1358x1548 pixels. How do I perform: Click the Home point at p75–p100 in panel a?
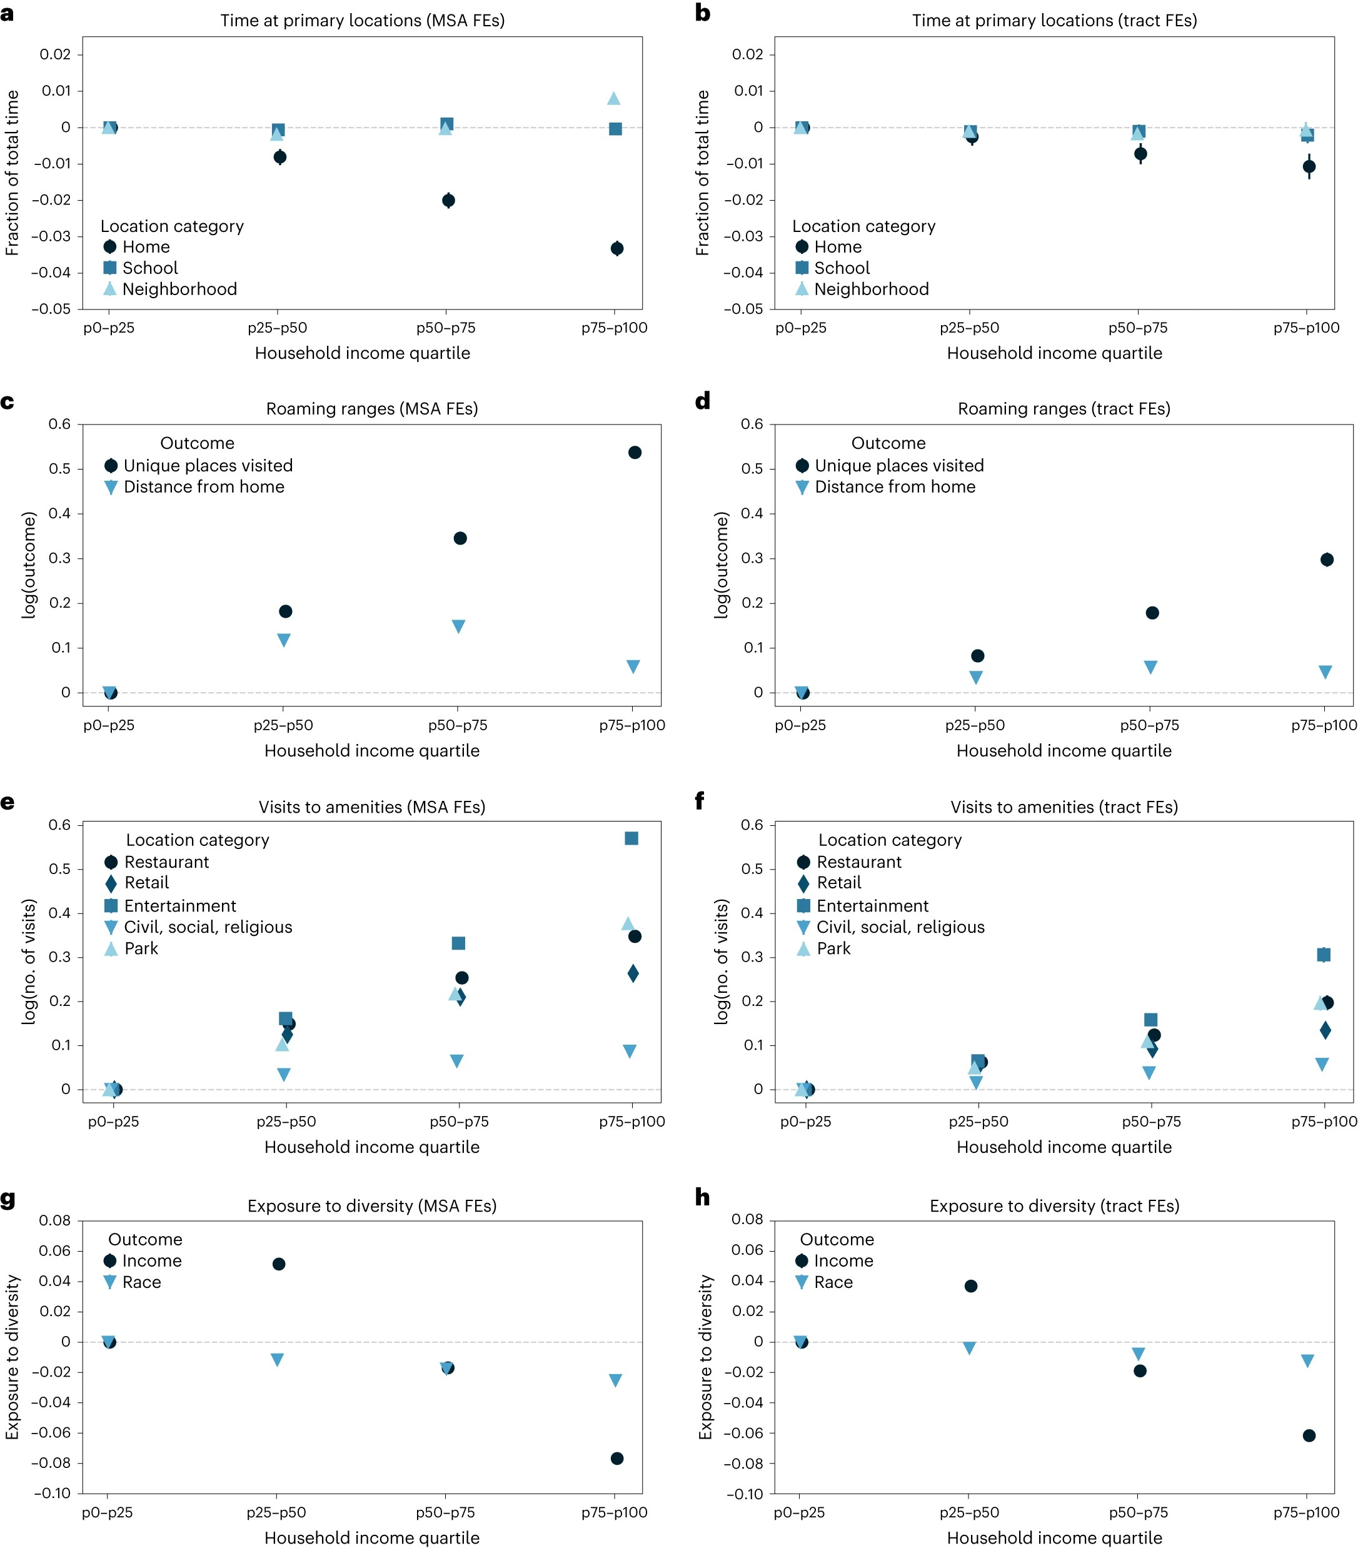(x=616, y=248)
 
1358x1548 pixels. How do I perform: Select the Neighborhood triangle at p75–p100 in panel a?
(x=613, y=98)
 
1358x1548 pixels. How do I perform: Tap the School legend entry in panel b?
(x=842, y=268)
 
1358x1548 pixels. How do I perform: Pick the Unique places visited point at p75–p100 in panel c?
(x=635, y=453)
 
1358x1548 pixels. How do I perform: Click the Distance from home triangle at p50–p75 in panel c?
(x=458, y=626)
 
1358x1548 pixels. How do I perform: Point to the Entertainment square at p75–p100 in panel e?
(x=631, y=838)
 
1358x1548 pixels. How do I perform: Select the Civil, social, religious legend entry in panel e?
(x=208, y=927)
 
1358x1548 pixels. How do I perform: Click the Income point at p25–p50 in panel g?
(x=279, y=1264)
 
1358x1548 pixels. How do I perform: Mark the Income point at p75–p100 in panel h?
(x=1309, y=1435)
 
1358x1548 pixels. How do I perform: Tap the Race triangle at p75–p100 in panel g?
(x=616, y=1380)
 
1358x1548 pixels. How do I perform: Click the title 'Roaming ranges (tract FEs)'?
(x=1064, y=409)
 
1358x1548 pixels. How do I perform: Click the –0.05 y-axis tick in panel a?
(x=51, y=309)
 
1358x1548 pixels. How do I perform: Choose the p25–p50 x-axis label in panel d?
(x=975, y=725)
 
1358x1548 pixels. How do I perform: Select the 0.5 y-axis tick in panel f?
(x=752, y=868)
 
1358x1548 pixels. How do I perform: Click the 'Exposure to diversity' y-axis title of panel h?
(x=706, y=1357)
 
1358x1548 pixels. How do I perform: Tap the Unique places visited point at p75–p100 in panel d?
(x=1326, y=560)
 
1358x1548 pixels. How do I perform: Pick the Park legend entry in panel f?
(x=833, y=949)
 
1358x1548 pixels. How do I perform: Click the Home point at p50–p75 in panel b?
(x=1140, y=154)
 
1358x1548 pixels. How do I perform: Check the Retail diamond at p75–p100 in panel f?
(x=1325, y=1030)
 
